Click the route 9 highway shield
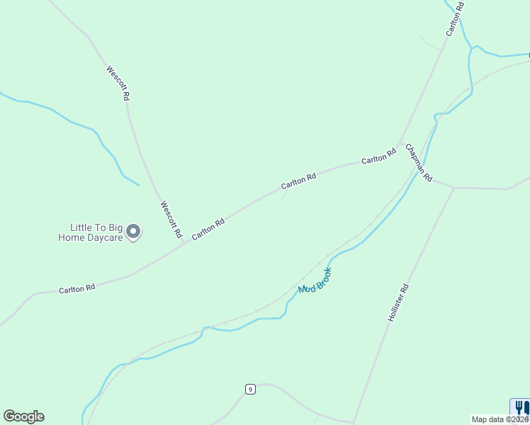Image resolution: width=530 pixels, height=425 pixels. (250, 389)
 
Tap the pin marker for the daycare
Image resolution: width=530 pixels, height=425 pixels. (133, 232)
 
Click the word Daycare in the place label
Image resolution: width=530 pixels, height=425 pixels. (105, 238)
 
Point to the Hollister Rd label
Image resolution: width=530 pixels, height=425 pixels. (399, 303)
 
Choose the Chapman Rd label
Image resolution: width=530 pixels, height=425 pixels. (419, 165)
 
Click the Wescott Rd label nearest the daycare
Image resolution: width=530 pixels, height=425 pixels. (171, 219)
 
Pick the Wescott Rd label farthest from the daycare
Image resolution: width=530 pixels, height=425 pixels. (118, 82)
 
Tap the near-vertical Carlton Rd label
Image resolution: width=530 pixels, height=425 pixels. (454, 19)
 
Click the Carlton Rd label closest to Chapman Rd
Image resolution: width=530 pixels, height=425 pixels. (378, 157)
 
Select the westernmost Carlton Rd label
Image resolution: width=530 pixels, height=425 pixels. (77, 289)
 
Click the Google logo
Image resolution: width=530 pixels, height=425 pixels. (23, 416)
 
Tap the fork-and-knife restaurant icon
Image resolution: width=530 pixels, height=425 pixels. (521, 407)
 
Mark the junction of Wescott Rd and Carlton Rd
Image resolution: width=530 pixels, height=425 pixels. (184, 243)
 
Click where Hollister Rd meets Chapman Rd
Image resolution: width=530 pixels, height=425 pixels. (453, 188)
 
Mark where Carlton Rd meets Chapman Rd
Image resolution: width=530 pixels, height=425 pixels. (401, 144)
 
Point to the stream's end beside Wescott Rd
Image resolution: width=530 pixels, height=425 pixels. (139, 186)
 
